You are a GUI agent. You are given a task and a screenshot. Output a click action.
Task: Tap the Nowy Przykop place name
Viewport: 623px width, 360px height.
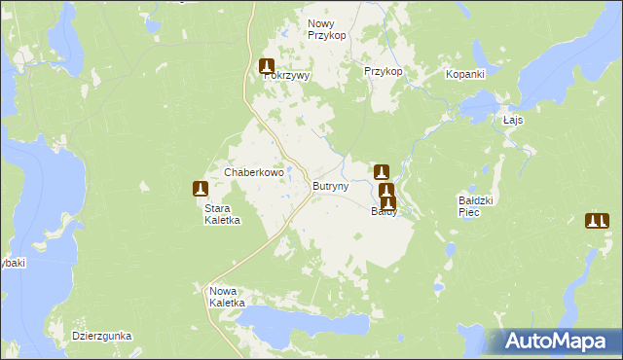327,29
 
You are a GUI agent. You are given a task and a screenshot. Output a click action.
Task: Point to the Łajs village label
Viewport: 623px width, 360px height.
514,120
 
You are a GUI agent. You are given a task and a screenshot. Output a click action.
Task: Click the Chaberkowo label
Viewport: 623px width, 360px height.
254,172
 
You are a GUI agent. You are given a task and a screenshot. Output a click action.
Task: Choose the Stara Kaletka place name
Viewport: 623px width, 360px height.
222,214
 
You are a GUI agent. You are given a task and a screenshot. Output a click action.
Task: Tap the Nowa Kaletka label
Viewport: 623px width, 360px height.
230,297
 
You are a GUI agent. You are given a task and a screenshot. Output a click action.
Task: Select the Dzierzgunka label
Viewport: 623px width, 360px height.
101,336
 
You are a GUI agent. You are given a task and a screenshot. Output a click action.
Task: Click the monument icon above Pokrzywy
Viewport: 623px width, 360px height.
267,67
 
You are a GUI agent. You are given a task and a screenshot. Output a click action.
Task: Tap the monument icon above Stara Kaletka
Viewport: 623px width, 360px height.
201,189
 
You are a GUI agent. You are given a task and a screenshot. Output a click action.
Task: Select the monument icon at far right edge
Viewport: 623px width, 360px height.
597,221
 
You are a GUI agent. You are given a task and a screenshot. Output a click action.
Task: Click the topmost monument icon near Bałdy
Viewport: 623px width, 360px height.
381,172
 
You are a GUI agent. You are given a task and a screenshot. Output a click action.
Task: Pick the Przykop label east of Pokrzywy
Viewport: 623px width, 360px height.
383,72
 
